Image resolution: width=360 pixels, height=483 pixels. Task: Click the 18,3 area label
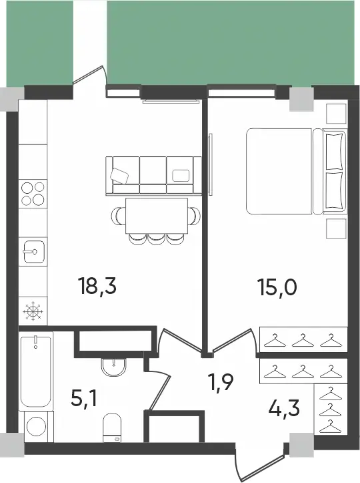click(97, 287)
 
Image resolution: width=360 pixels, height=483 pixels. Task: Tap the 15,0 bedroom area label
click(278, 288)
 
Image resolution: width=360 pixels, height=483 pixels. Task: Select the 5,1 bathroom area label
click(83, 398)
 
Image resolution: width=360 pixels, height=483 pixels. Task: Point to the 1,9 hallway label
click(221, 383)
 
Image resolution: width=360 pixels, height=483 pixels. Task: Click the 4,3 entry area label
click(284, 408)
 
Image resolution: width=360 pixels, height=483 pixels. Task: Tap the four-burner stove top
click(33, 194)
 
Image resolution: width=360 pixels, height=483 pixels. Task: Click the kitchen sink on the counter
click(33, 252)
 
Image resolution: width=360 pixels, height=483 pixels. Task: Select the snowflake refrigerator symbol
click(33, 311)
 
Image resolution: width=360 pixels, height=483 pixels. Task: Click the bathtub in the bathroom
click(35, 371)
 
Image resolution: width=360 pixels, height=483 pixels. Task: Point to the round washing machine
click(36, 426)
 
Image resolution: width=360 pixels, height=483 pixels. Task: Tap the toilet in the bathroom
click(112, 428)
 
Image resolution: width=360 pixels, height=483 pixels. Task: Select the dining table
click(157, 216)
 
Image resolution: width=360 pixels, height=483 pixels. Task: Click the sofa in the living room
click(153, 176)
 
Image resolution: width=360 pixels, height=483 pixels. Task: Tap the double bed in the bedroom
click(296, 171)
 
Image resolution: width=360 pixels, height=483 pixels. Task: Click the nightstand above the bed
click(336, 114)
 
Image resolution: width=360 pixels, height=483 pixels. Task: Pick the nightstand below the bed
click(336, 228)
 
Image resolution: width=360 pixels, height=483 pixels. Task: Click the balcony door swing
click(90, 75)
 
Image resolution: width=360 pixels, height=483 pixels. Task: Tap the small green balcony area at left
click(39, 43)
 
